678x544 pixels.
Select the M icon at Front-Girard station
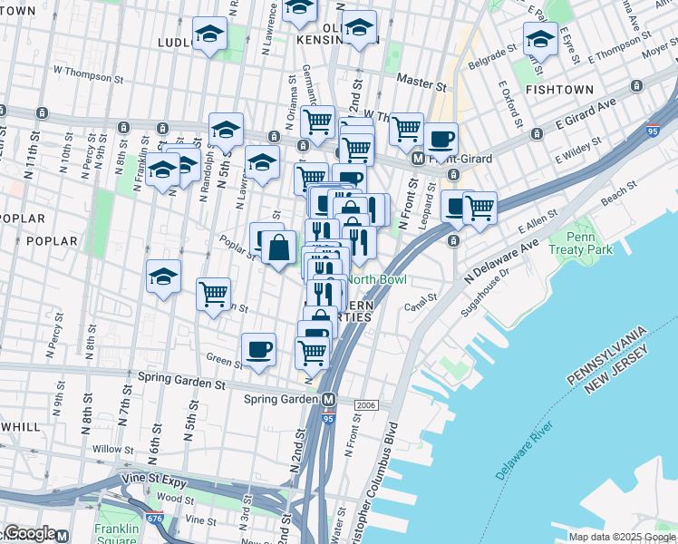(419, 158)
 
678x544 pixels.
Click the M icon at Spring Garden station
(329, 399)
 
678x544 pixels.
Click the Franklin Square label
(117, 534)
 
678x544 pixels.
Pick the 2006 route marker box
(366, 404)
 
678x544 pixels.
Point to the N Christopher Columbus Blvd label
(381, 481)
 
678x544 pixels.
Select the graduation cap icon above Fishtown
(540, 39)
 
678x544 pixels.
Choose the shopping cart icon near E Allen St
(479, 207)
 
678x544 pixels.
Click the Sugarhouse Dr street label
(498, 281)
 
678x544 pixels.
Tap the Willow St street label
(112, 449)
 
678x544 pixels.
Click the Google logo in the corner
(30, 533)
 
